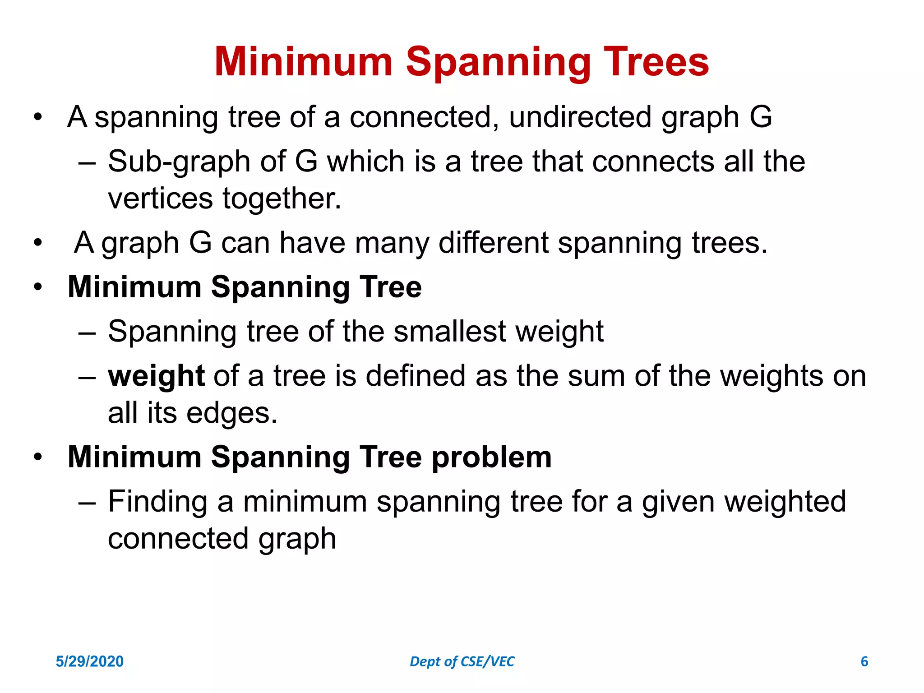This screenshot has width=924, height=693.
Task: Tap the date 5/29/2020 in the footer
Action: [89, 661]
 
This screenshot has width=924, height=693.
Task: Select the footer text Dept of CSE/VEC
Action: [462, 661]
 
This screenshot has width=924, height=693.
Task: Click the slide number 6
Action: [864, 661]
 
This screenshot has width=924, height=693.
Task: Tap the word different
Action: [494, 243]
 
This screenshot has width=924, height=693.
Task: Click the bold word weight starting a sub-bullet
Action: [156, 377]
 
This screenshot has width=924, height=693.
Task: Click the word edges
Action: [231, 413]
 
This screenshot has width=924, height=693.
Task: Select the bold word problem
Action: [491, 457]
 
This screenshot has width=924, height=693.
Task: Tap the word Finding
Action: [157, 502]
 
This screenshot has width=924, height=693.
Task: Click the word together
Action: [282, 199]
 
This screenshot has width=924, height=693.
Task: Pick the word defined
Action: [415, 376]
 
